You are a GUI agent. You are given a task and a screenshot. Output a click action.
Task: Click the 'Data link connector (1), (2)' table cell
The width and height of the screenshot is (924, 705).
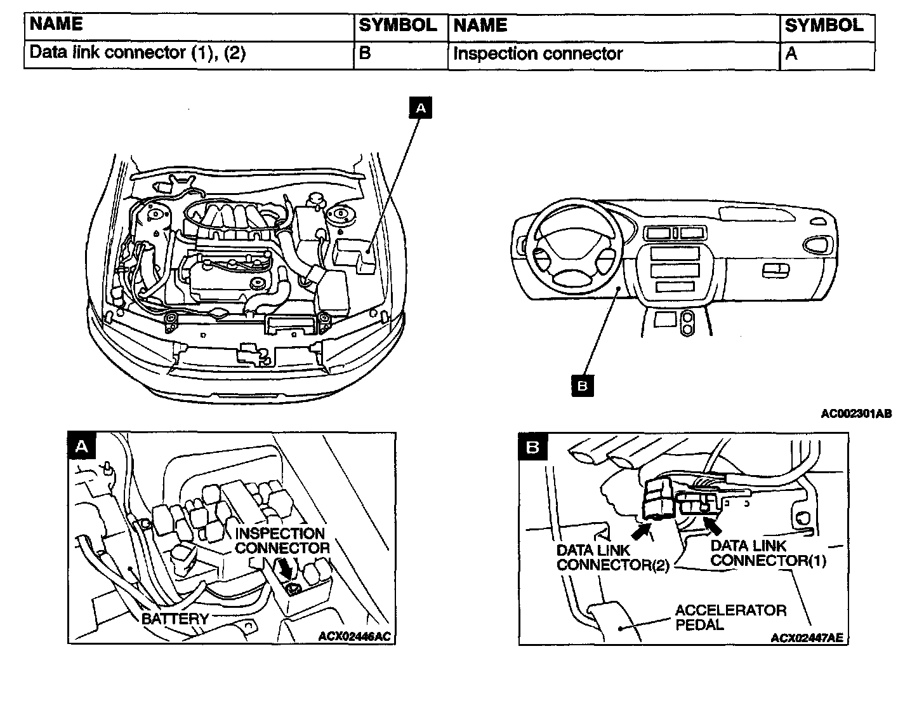188,55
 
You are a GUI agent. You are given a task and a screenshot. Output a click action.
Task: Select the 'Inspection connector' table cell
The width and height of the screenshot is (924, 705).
614,55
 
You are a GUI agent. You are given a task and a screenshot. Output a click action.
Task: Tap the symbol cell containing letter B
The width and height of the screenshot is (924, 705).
400,55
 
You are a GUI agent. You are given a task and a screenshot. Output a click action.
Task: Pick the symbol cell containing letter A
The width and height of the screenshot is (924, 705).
827,56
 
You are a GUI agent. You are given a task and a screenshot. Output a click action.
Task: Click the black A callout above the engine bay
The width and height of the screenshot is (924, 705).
421,108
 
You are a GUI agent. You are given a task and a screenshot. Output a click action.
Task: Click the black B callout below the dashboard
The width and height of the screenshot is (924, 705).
583,386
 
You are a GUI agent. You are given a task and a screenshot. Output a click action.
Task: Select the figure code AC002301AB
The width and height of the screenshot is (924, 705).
856,414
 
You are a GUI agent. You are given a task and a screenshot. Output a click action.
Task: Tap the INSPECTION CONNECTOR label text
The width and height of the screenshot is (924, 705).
282,540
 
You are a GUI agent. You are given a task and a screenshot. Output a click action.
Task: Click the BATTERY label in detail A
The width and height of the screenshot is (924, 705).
175,619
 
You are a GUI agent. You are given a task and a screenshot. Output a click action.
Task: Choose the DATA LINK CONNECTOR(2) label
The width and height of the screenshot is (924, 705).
613,558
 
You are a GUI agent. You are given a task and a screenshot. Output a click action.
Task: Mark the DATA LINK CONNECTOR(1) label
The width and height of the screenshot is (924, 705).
769,553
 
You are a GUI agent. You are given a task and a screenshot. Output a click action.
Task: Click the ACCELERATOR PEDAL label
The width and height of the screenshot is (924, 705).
731,617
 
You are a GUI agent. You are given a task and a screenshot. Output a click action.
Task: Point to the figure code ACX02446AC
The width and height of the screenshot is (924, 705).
355,636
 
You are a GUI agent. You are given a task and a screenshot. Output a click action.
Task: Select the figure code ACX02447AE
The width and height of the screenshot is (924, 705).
807,638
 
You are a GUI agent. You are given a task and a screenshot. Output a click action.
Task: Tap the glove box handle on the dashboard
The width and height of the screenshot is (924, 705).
776,271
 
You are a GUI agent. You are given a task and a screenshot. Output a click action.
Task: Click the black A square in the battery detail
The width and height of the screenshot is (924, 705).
82,445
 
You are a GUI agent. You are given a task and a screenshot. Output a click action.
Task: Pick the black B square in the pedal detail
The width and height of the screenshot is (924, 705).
533,446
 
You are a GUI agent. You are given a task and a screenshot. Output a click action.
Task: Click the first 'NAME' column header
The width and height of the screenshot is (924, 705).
56,24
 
